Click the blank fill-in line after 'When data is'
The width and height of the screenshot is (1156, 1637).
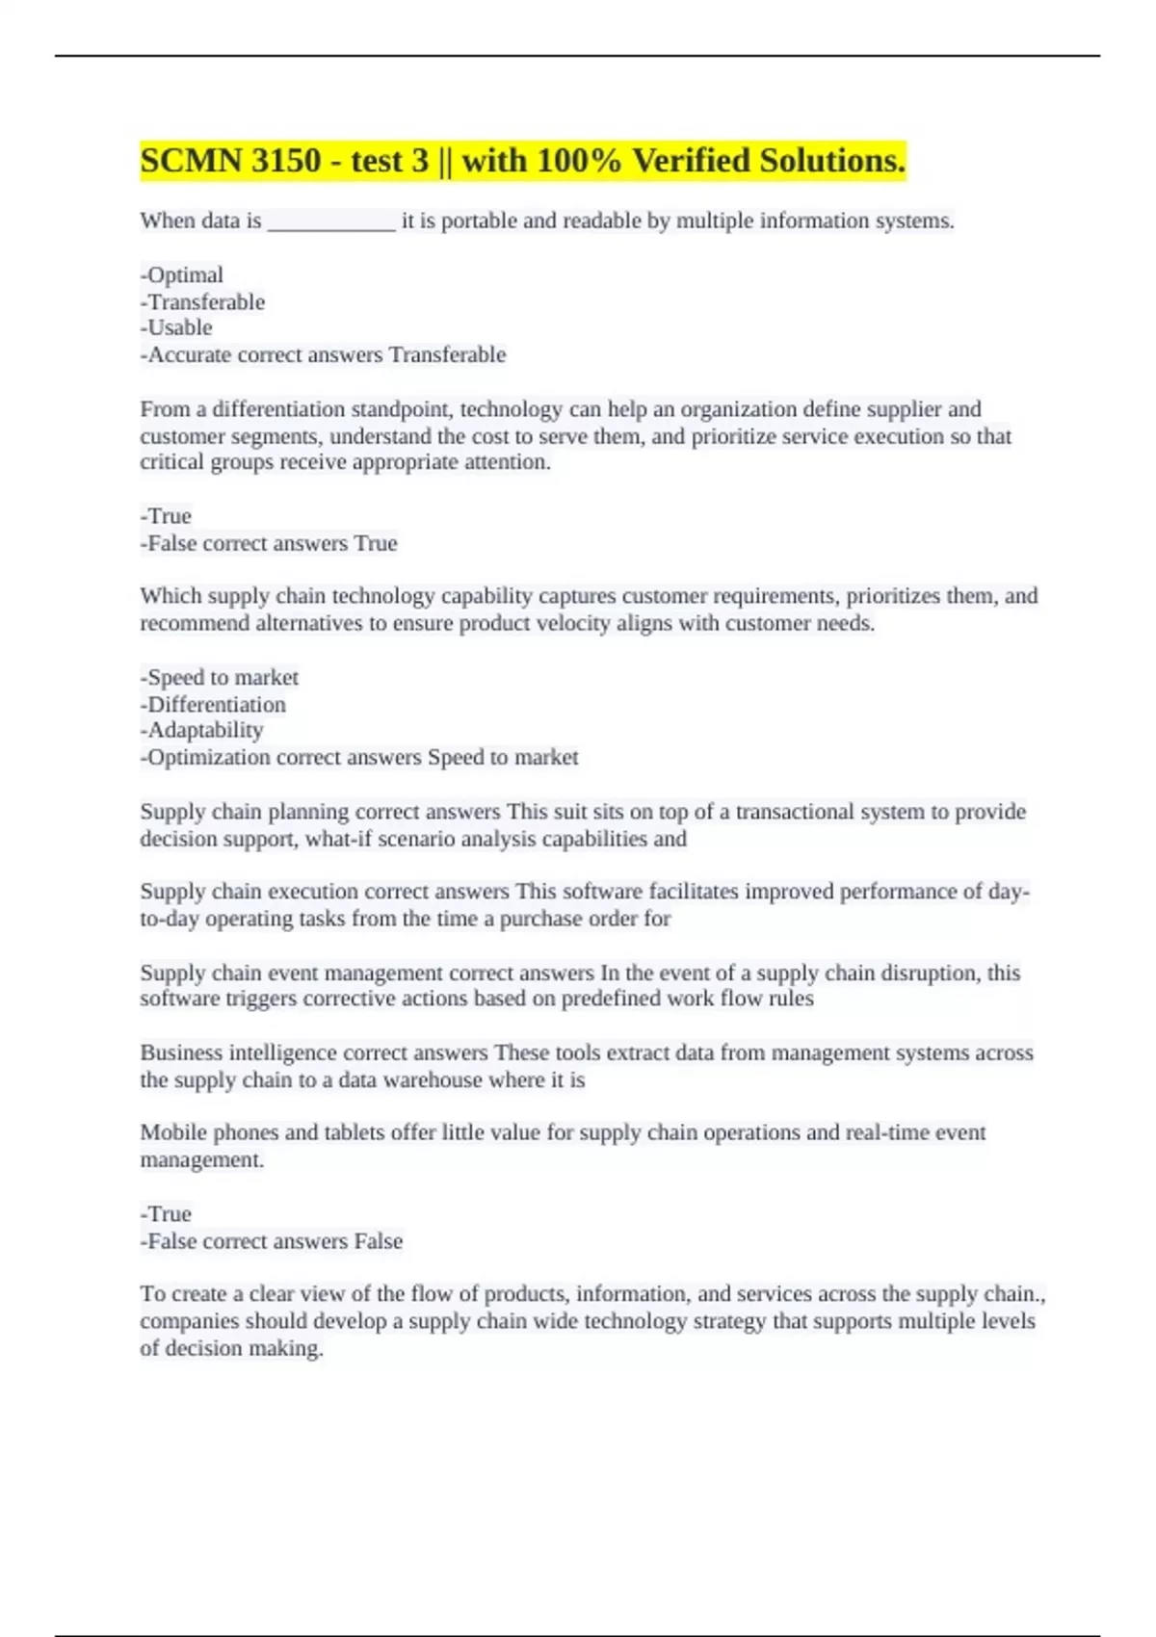pos(330,222)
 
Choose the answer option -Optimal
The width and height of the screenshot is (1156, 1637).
pos(182,275)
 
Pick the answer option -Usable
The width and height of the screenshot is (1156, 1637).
pos(176,327)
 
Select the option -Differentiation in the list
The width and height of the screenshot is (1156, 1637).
pos(213,704)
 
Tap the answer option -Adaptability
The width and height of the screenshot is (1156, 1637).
pos(201,730)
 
